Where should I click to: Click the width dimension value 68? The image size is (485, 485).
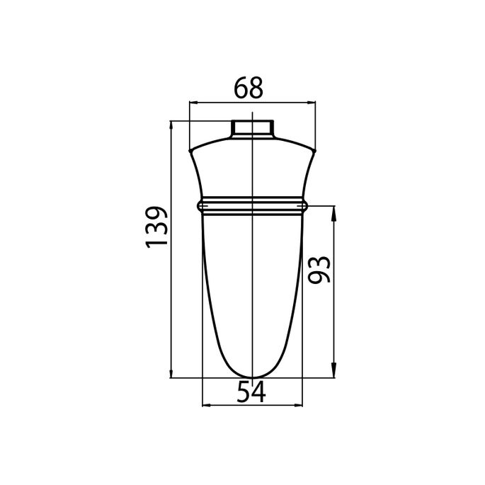251,89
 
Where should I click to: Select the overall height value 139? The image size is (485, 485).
157,227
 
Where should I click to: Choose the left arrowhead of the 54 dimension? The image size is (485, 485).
207,406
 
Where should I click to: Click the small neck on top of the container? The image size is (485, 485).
252,129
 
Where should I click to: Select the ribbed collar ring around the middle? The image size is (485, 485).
251,205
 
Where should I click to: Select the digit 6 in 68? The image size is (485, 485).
242,89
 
